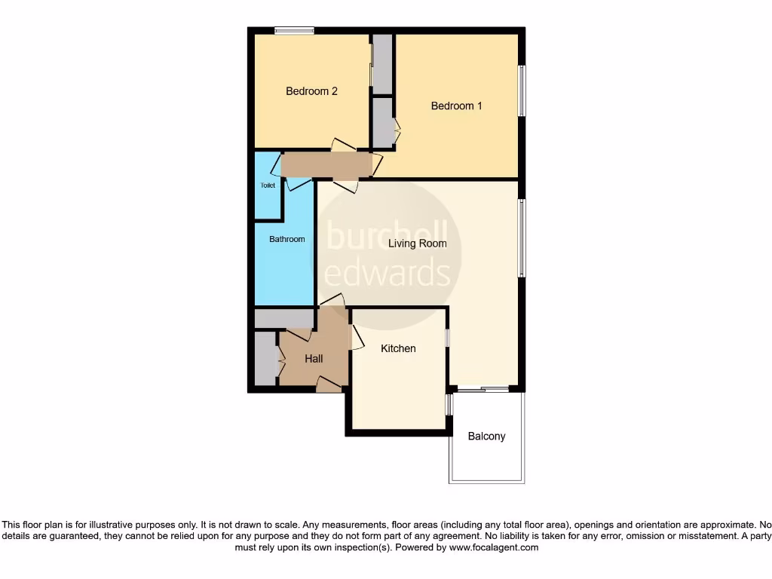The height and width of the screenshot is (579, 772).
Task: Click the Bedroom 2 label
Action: (311, 91)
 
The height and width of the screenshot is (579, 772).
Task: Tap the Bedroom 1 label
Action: (456, 106)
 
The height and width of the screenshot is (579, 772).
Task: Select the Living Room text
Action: (417, 244)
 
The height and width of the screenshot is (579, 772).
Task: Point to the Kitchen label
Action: (398, 348)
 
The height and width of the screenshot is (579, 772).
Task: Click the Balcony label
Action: (486, 436)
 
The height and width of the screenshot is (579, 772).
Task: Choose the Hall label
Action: (314, 359)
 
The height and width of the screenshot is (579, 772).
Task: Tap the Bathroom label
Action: (287, 239)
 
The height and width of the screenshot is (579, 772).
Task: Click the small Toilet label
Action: (268, 185)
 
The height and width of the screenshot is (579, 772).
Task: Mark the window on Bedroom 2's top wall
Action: (293, 31)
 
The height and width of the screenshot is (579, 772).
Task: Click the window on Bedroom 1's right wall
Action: (521, 90)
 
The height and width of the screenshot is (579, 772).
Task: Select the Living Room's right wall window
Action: (521, 238)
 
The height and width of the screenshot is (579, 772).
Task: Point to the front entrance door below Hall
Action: (328, 385)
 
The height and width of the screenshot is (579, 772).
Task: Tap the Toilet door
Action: (296, 182)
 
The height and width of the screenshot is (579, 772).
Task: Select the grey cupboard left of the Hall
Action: (264, 359)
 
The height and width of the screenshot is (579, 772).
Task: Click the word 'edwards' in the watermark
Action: (387, 271)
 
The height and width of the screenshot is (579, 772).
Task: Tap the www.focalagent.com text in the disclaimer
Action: (494, 548)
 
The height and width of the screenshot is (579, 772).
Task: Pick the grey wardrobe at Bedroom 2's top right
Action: (382, 64)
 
